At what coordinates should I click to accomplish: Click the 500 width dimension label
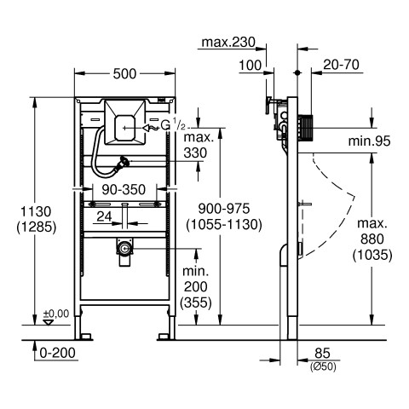tap(124, 74)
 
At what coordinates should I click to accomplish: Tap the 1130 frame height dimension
tap(36, 212)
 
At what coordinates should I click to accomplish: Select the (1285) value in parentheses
tap(37, 228)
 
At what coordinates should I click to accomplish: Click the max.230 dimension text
tap(228, 43)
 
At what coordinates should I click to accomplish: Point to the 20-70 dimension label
tap(341, 65)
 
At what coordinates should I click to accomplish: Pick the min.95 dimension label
tap(369, 141)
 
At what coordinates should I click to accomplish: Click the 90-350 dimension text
tap(124, 189)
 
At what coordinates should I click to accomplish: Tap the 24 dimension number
tap(104, 216)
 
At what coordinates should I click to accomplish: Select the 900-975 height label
tap(224, 209)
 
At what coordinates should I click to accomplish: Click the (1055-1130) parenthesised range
tap(224, 225)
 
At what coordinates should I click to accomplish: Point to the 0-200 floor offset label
tap(58, 353)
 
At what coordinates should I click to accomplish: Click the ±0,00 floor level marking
tap(56, 314)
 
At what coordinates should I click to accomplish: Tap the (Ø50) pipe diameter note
tap(323, 366)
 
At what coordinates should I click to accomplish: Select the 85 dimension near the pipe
tap(323, 354)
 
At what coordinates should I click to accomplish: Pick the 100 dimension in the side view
tap(250, 66)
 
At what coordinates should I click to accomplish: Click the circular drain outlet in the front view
tap(124, 249)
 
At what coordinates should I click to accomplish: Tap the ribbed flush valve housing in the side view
tap(305, 128)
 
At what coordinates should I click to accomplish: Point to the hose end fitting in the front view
tap(124, 163)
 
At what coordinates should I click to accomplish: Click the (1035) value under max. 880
tap(372, 255)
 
